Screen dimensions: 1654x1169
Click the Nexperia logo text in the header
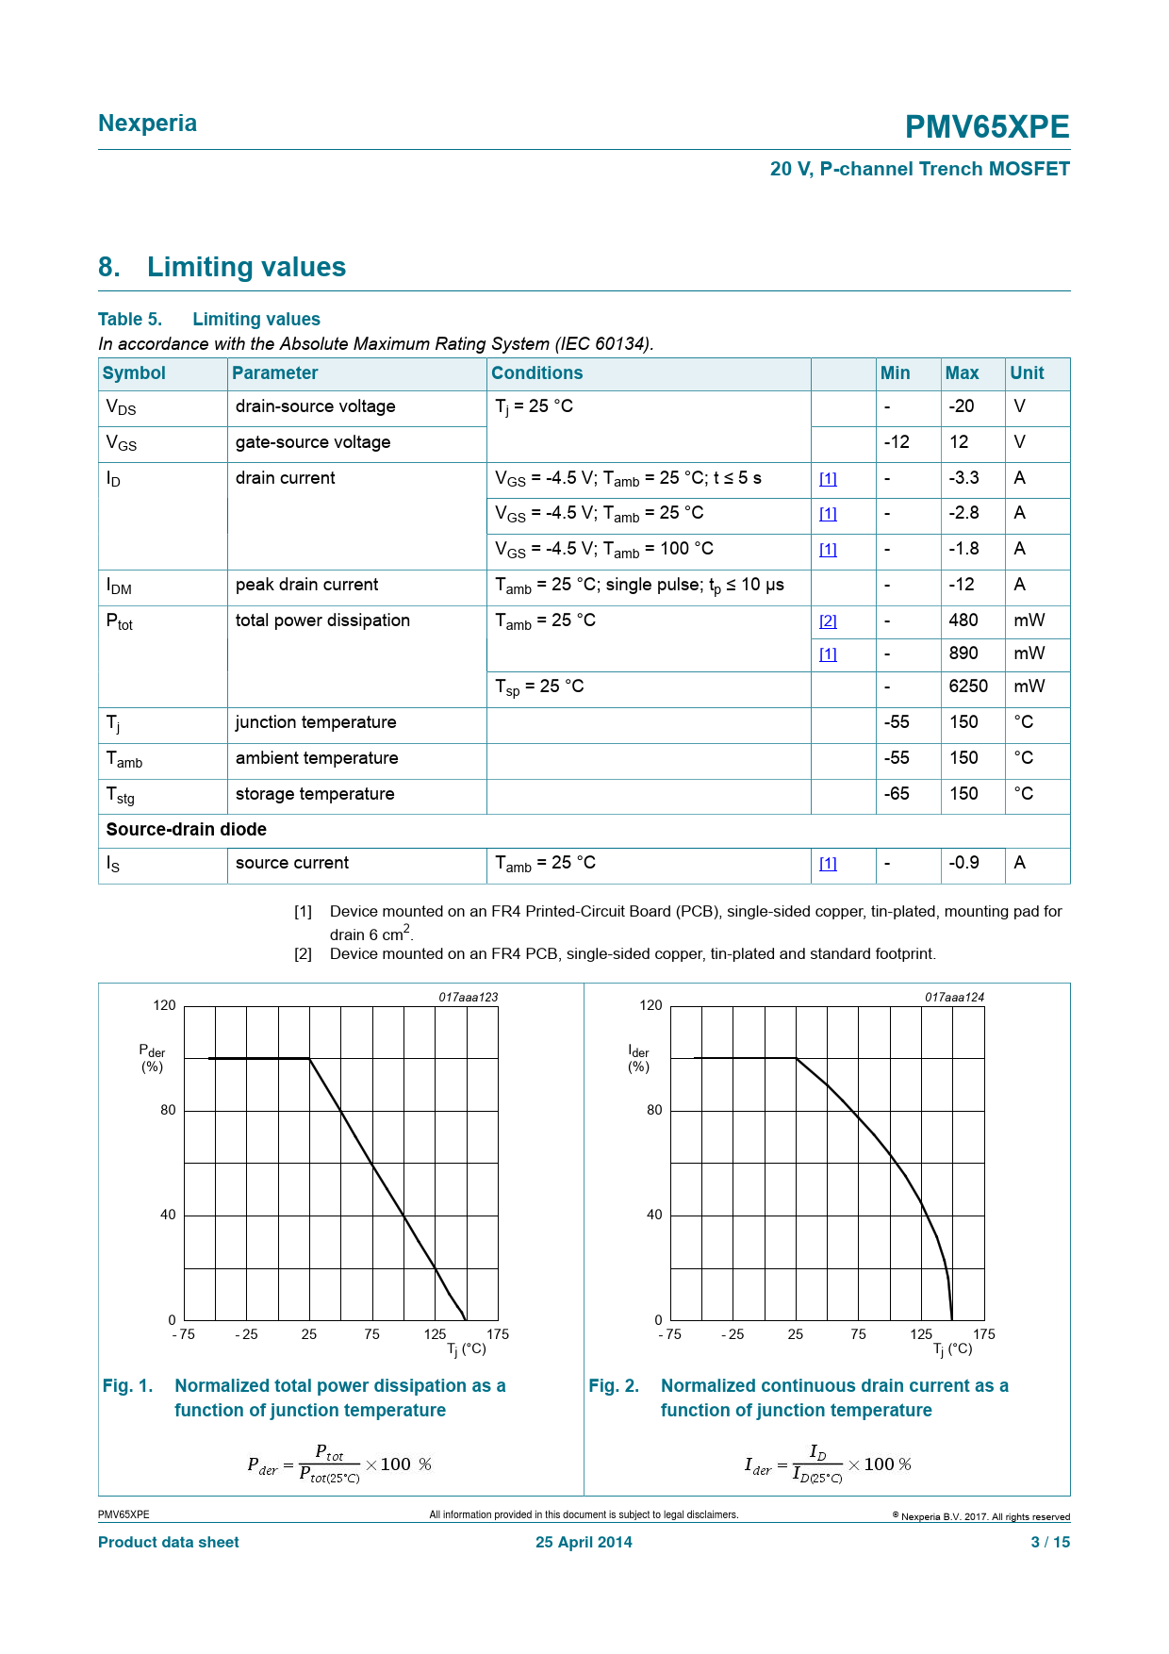(147, 124)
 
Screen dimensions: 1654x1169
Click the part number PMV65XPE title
(986, 126)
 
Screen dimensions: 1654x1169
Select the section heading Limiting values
(246, 267)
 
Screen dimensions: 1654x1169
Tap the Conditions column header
(536, 372)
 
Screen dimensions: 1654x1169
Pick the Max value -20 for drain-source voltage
(961, 406)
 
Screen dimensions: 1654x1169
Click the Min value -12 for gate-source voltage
(897, 442)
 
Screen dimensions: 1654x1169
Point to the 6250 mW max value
(968, 686)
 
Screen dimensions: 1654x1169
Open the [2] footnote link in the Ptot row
(828, 620)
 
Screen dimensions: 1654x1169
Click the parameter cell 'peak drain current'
(306, 585)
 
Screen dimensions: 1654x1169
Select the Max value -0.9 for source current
(963, 863)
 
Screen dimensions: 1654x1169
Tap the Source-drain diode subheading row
(187, 830)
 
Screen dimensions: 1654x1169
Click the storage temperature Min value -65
(897, 794)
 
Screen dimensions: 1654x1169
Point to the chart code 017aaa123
(468, 997)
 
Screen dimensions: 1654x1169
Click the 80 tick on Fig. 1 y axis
(168, 1110)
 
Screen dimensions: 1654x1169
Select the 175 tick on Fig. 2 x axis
(983, 1334)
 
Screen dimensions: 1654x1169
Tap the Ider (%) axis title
(638, 1058)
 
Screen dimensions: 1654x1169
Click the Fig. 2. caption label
(614, 1386)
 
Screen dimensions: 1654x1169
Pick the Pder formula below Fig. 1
(339, 1464)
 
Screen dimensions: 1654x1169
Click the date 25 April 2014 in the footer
(584, 1543)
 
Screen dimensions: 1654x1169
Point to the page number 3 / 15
(1050, 1543)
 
